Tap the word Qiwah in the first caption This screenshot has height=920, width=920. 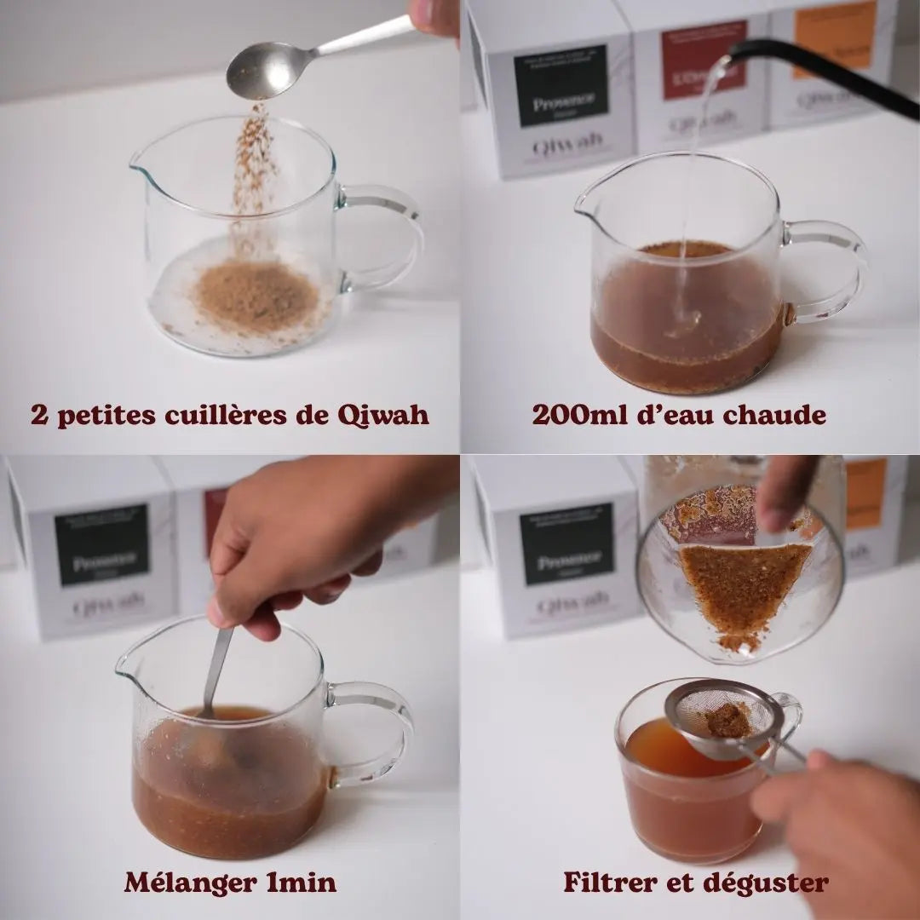[x=382, y=415]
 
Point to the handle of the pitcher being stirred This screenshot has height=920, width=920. [x=375, y=733]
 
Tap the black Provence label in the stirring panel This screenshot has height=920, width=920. [x=101, y=544]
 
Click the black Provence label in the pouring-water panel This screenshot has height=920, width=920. [x=561, y=85]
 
